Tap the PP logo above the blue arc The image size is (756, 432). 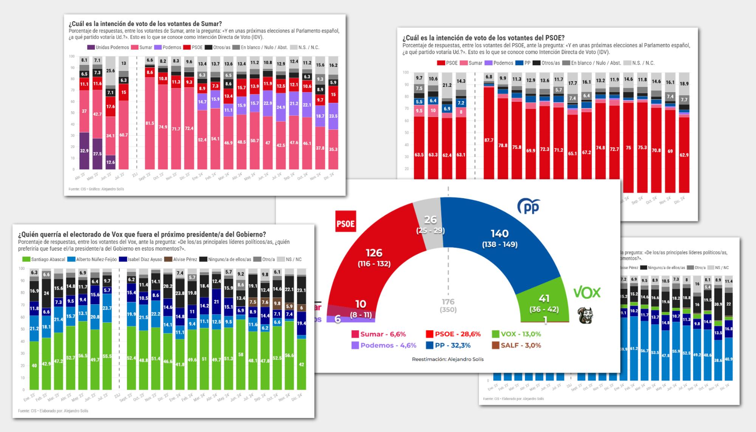click(x=528, y=206)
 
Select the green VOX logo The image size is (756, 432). click(x=587, y=293)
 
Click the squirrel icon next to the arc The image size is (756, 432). click(x=586, y=315)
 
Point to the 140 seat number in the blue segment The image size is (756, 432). click(x=499, y=234)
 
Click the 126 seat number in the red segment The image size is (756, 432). click(x=374, y=252)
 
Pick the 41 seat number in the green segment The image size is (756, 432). click(x=544, y=299)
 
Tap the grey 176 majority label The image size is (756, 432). click(x=448, y=302)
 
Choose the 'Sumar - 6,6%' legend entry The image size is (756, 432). click(x=378, y=334)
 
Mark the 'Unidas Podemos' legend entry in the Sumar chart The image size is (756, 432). click(x=108, y=48)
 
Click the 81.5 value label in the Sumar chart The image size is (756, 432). click(x=150, y=123)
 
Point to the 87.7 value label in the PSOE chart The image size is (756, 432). click(x=489, y=140)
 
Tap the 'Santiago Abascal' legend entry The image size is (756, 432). click(x=44, y=259)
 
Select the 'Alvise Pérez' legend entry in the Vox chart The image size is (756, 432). click(x=182, y=259)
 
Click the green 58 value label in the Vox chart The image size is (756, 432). click(x=241, y=355)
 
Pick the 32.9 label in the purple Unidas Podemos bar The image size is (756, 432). click(x=84, y=150)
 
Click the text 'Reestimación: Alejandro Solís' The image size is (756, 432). click(x=448, y=359)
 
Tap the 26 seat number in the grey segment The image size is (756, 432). click(x=430, y=219)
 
